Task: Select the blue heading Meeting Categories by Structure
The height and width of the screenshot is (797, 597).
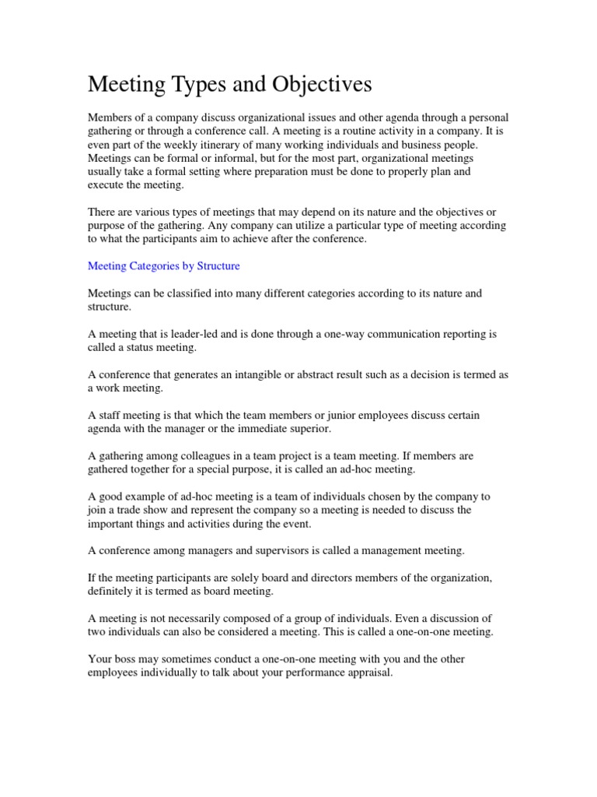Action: tap(164, 265)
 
